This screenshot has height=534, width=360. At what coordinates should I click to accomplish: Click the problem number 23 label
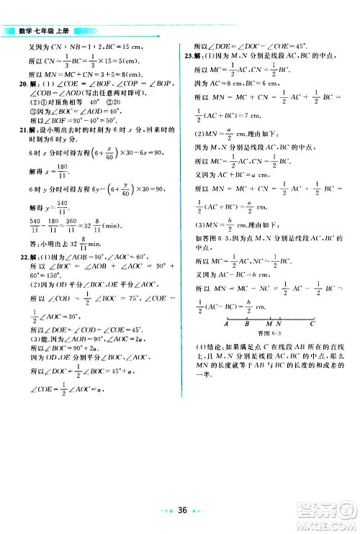click(x=188, y=55)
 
